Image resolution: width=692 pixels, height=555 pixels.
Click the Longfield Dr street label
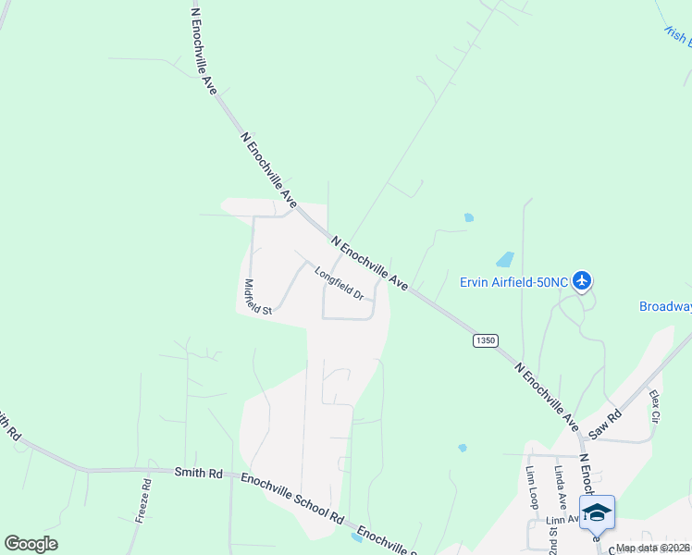point(339,283)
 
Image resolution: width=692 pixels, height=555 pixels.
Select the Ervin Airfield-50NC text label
point(513,281)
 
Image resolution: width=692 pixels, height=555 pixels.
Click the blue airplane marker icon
point(582,279)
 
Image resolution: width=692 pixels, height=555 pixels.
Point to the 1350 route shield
point(485,340)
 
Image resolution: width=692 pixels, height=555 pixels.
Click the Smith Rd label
point(199,473)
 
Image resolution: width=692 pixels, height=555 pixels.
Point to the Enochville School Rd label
point(291,495)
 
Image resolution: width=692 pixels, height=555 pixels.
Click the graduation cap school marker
point(597,512)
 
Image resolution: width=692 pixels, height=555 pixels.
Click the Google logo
point(31,543)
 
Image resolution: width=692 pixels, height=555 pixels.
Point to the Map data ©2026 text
point(651,548)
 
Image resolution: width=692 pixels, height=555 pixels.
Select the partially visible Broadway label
point(665,306)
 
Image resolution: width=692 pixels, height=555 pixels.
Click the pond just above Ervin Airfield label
point(505,259)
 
